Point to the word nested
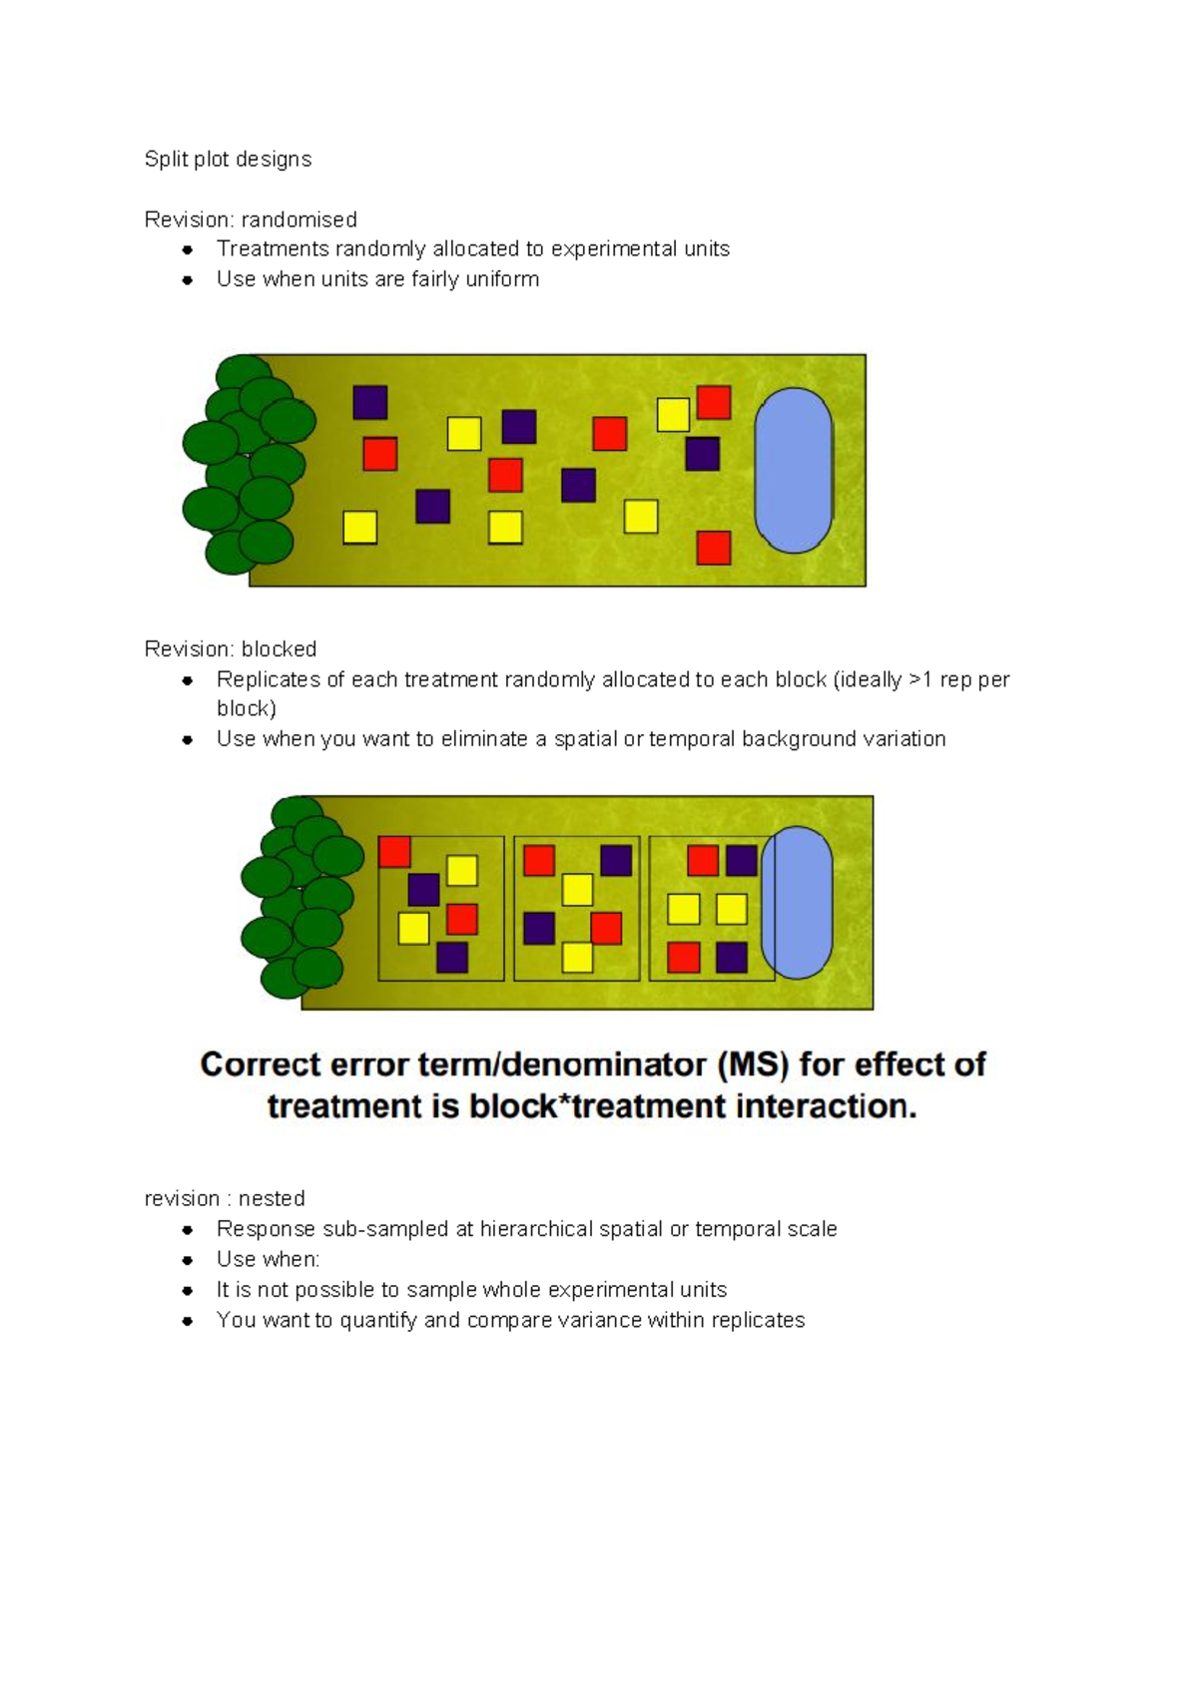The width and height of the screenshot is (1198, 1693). (x=272, y=1198)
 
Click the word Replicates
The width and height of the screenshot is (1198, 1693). (x=268, y=679)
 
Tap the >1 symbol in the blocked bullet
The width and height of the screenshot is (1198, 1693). (x=919, y=679)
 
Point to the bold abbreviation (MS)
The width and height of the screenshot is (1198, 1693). (x=754, y=1064)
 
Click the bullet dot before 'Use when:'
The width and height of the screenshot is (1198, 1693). (x=187, y=1260)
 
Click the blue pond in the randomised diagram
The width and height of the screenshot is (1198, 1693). (x=794, y=470)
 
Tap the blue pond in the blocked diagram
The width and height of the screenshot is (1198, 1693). (x=797, y=903)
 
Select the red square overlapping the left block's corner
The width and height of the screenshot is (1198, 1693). (x=394, y=852)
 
